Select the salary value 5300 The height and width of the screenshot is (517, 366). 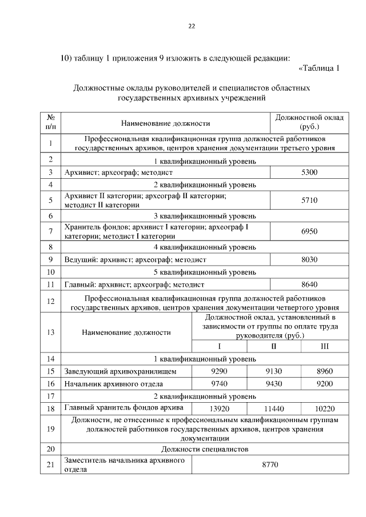point(309,172)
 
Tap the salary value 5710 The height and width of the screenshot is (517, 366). point(309,201)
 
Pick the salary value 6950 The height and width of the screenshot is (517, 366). point(309,231)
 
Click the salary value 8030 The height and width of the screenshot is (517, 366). point(309,259)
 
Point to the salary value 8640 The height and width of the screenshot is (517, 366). point(309,284)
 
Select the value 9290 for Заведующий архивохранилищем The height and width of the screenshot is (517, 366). point(219,371)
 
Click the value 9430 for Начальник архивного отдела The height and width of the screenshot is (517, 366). point(274,384)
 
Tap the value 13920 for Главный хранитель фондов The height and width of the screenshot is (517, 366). point(219,408)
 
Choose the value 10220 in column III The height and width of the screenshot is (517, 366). point(325,408)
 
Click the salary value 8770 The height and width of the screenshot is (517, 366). point(269,466)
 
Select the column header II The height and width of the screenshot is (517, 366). point(274,347)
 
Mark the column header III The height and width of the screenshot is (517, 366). point(325,347)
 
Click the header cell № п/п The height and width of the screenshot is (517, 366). point(51,122)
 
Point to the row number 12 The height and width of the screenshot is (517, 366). point(51,302)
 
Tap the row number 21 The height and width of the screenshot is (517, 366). point(51,466)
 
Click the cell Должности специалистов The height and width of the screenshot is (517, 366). point(204,450)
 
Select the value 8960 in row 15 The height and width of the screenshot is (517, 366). point(325,371)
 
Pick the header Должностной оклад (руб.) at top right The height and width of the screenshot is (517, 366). point(309,122)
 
